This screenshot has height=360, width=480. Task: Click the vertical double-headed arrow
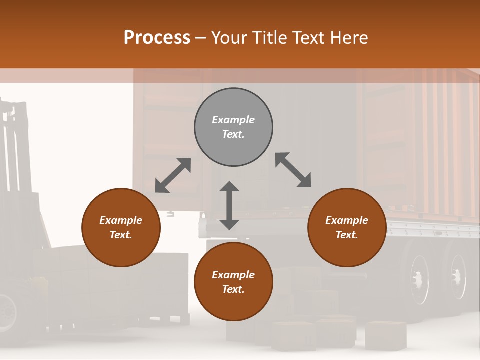point(229,205)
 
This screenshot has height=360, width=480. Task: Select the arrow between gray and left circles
point(173,175)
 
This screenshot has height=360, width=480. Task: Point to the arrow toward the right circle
point(293,170)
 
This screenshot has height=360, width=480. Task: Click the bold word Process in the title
point(157,37)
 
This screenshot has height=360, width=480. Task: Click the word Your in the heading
point(230,37)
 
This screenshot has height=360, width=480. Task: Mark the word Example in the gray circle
point(233,120)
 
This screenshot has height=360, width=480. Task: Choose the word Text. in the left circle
point(121,235)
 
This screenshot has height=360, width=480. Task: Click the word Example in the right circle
point(347,220)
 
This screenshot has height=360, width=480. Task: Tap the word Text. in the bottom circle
point(233,289)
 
